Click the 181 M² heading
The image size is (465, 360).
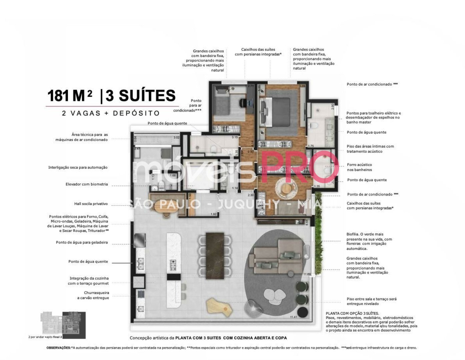pos(70,96)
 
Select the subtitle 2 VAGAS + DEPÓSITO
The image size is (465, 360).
pos(111,113)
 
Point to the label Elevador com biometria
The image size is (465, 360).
pos(87,184)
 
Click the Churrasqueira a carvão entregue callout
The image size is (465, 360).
pos(93,295)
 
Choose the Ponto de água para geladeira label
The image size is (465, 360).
pos(82,243)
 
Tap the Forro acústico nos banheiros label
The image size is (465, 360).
pos(359,167)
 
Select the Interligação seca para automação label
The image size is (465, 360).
pos(78,168)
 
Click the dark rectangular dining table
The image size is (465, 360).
pos(214,255)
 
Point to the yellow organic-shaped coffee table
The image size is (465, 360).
pos(219,306)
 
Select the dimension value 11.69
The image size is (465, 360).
pos(307,274)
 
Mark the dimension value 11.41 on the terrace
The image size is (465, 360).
pos(293,317)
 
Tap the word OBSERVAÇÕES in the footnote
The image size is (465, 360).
pos(58,348)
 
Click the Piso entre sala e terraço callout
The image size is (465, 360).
pos(371,301)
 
